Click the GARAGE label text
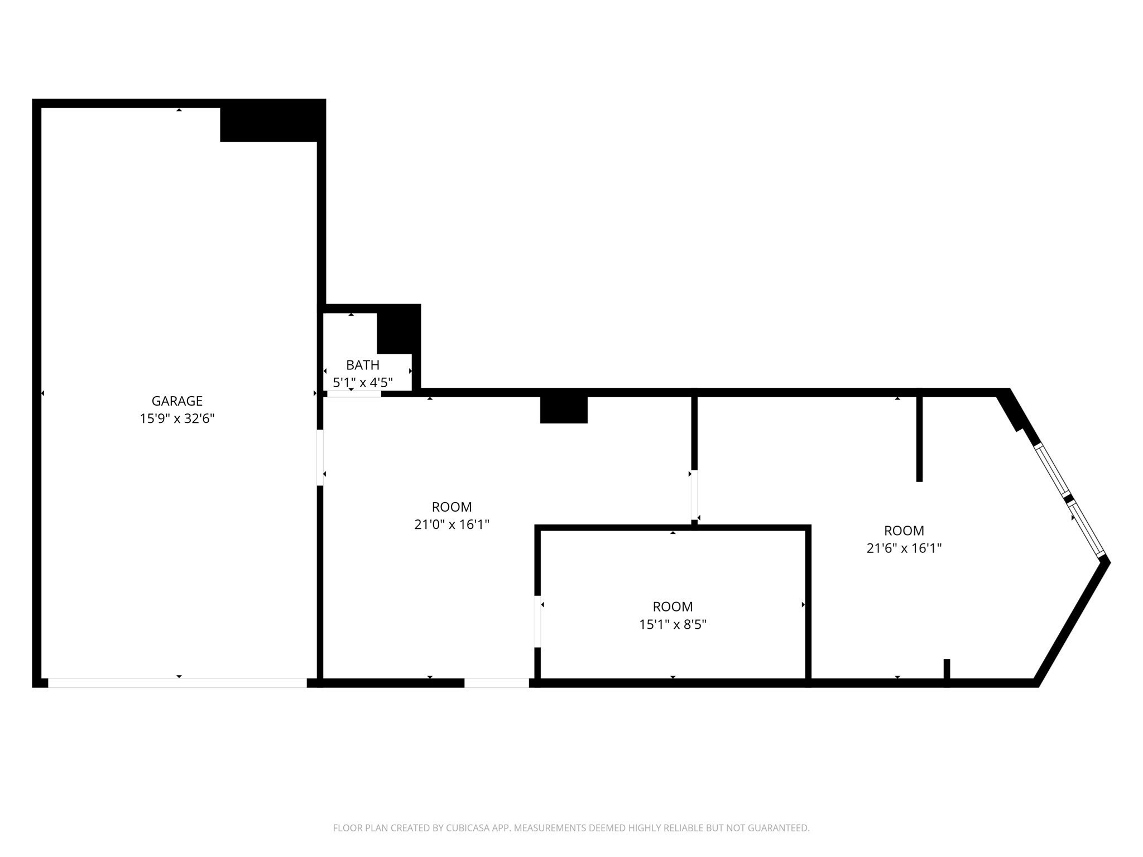tap(177, 401)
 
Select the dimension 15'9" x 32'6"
tap(177, 418)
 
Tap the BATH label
tap(362, 365)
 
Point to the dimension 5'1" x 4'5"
tap(362, 383)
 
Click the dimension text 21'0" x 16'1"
tap(452, 524)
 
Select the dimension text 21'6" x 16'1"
tap(904, 548)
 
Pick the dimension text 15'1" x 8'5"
tap(673, 624)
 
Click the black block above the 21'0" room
tap(564, 410)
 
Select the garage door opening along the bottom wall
tap(177, 683)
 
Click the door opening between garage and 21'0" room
tap(320, 458)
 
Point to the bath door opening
tap(354, 393)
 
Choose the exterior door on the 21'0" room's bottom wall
tap(496, 683)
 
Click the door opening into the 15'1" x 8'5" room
tap(537, 622)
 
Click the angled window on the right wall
tap(1069, 500)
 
